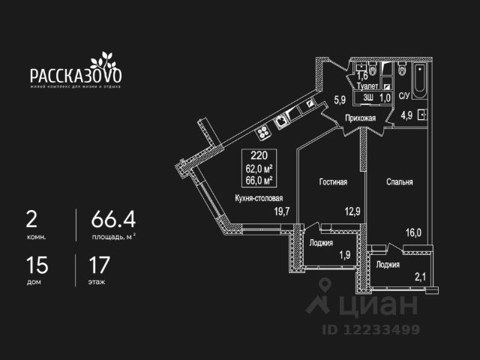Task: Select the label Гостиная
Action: pos(332,182)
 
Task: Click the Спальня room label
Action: pos(400,182)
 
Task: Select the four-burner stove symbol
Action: pos(264,133)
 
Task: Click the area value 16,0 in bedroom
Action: pos(415,232)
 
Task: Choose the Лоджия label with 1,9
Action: pos(321,242)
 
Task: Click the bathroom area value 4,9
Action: pos(406,115)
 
